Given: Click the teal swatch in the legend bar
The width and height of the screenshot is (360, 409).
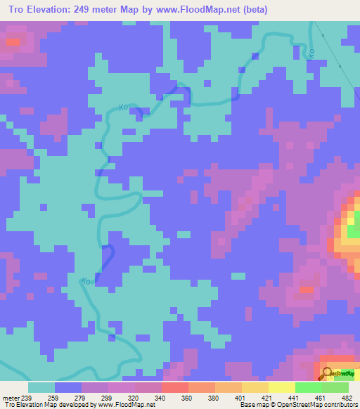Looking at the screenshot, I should [41, 387].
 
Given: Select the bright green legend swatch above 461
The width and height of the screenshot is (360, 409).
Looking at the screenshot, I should [308, 387].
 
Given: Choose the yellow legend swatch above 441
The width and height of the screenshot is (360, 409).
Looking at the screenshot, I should [281, 387].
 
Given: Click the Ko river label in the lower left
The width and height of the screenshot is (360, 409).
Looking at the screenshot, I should [86, 281].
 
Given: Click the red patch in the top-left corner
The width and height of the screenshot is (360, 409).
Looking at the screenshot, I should [12, 42].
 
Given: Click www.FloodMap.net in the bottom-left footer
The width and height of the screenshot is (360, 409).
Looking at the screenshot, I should [125, 405].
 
